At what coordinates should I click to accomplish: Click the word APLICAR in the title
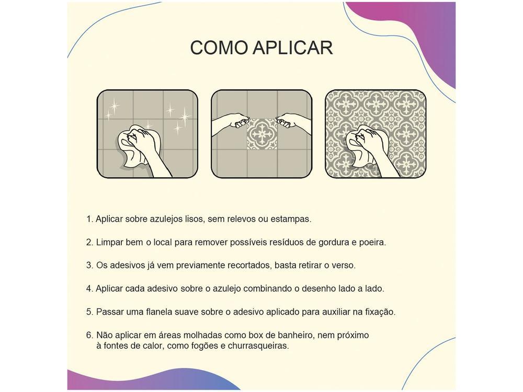pyautogui.click(x=293, y=48)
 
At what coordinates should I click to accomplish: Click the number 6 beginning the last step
pyautogui.click(x=89, y=335)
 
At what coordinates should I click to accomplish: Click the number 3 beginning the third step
pyautogui.click(x=89, y=266)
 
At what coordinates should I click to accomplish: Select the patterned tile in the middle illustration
pyautogui.click(x=261, y=134)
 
